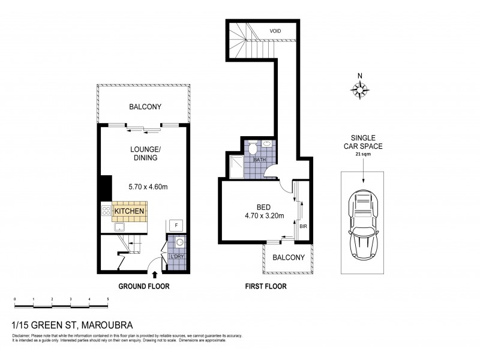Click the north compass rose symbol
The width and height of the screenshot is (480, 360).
(360, 89)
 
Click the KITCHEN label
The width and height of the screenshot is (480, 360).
(129, 211)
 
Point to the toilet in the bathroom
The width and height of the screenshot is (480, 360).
(255, 146)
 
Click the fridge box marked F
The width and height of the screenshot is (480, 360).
(176, 225)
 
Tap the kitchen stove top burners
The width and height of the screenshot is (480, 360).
(107, 211)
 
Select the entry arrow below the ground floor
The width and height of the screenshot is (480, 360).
(155, 275)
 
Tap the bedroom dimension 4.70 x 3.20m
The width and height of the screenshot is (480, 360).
(264, 216)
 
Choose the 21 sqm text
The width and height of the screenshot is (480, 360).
(362, 155)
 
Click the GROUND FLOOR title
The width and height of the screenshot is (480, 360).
(144, 286)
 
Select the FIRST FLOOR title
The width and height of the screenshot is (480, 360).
(265, 286)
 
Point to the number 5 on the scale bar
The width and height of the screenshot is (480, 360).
(108, 298)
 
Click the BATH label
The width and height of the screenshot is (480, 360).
(259, 160)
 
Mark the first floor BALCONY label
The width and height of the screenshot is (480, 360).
(289, 257)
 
